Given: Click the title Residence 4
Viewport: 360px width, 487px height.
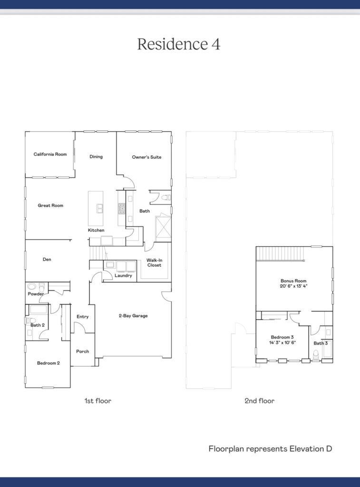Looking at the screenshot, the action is pos(179,44).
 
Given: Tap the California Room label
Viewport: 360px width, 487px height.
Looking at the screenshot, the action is pos(50,155).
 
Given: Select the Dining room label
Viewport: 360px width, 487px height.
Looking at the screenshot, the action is pos(96,156).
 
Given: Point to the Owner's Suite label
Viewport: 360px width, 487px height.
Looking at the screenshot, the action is pos(146,157).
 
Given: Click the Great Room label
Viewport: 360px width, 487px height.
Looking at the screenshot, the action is pos(50,205).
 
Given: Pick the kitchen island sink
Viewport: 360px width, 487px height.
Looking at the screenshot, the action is pos(100,208).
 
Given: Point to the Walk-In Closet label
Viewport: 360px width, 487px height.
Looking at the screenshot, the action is pos(155,263).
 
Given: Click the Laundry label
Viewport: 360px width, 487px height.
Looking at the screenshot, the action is pos(123,275).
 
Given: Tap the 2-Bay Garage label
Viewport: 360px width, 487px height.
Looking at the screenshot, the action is pos(133,316).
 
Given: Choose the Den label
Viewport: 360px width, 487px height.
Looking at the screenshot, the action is pos(47,259).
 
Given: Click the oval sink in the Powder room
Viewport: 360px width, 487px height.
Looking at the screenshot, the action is pos(32,286).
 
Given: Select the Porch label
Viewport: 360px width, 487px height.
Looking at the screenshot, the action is pos(83,351).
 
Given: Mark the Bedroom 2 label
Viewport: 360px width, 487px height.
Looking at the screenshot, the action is pos(49,363).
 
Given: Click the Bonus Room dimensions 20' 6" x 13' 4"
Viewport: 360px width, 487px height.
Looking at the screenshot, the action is pos(293,286).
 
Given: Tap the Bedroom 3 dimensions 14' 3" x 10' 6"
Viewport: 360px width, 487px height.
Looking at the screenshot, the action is pos(282,342).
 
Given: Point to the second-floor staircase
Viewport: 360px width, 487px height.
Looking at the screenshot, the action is pos(280,254).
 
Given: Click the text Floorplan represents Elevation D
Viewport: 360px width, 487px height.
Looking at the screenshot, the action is pos(270,449).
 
